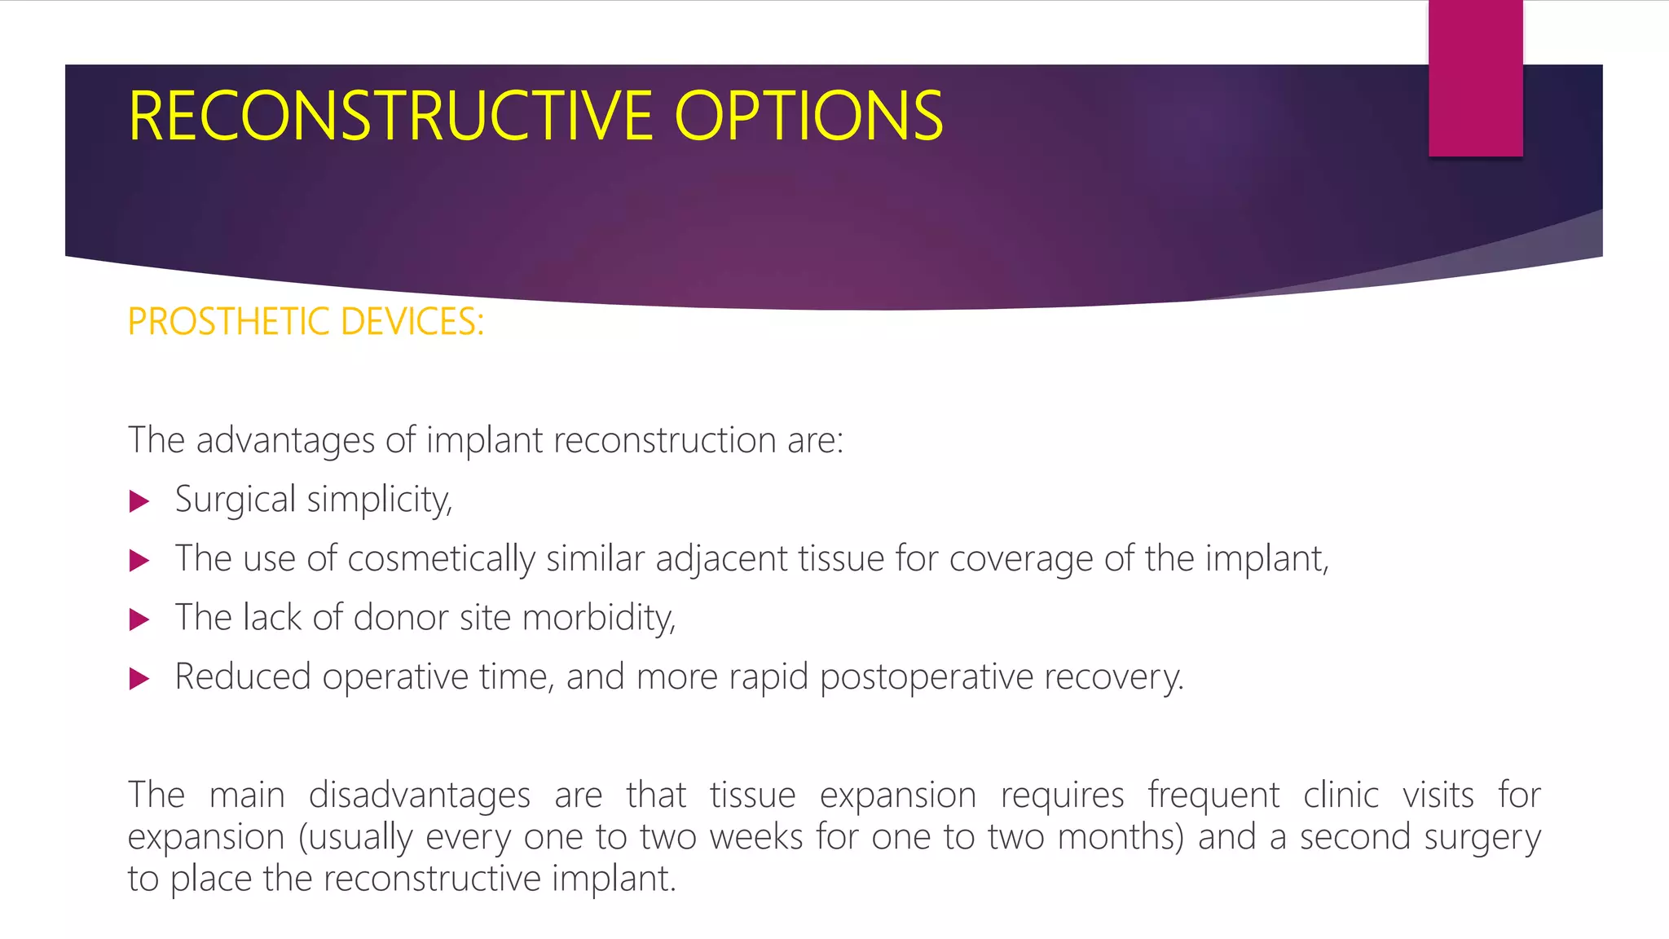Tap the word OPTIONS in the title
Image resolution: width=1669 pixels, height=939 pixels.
808,117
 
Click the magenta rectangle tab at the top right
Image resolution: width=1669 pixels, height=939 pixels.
1475,78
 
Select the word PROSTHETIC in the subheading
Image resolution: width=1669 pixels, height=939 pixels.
229,322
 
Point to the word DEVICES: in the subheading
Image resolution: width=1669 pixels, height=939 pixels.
412,322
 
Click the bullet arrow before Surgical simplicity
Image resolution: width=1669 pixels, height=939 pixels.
139,501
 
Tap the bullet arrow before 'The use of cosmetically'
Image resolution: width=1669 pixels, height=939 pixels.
139,561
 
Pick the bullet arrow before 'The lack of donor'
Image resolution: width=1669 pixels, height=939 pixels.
139,619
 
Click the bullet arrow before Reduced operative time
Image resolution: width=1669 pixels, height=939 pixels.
139,678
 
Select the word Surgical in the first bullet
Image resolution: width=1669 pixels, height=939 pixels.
235,500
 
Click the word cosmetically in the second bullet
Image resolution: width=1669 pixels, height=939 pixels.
441,559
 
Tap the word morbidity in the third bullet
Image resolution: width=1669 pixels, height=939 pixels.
599,618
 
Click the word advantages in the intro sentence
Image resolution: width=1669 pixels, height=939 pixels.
285,441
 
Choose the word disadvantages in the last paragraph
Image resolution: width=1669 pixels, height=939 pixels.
419,795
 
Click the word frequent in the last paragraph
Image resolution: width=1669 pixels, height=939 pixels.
1213,795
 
